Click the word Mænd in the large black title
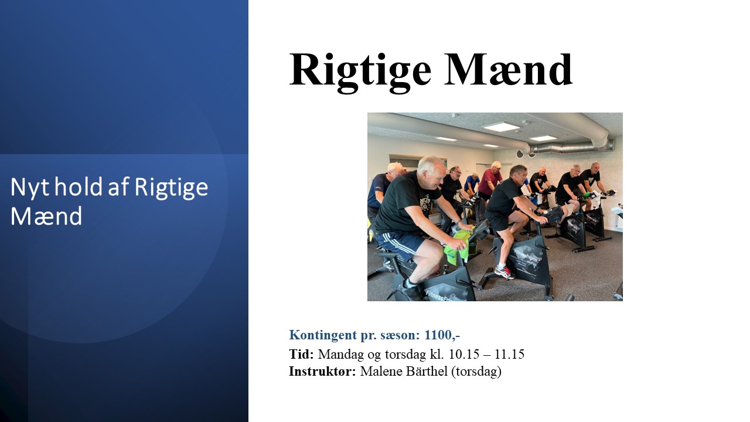click(508, 70)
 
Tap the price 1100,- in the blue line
click(442, 335)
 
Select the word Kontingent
click(323, 335)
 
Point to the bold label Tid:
click(301, 354)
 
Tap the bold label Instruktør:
click(322, 372)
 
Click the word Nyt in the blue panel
click(30, 188)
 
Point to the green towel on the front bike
click(458, 246)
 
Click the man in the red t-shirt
click(489, 181)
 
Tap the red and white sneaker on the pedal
click(504, 273)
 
